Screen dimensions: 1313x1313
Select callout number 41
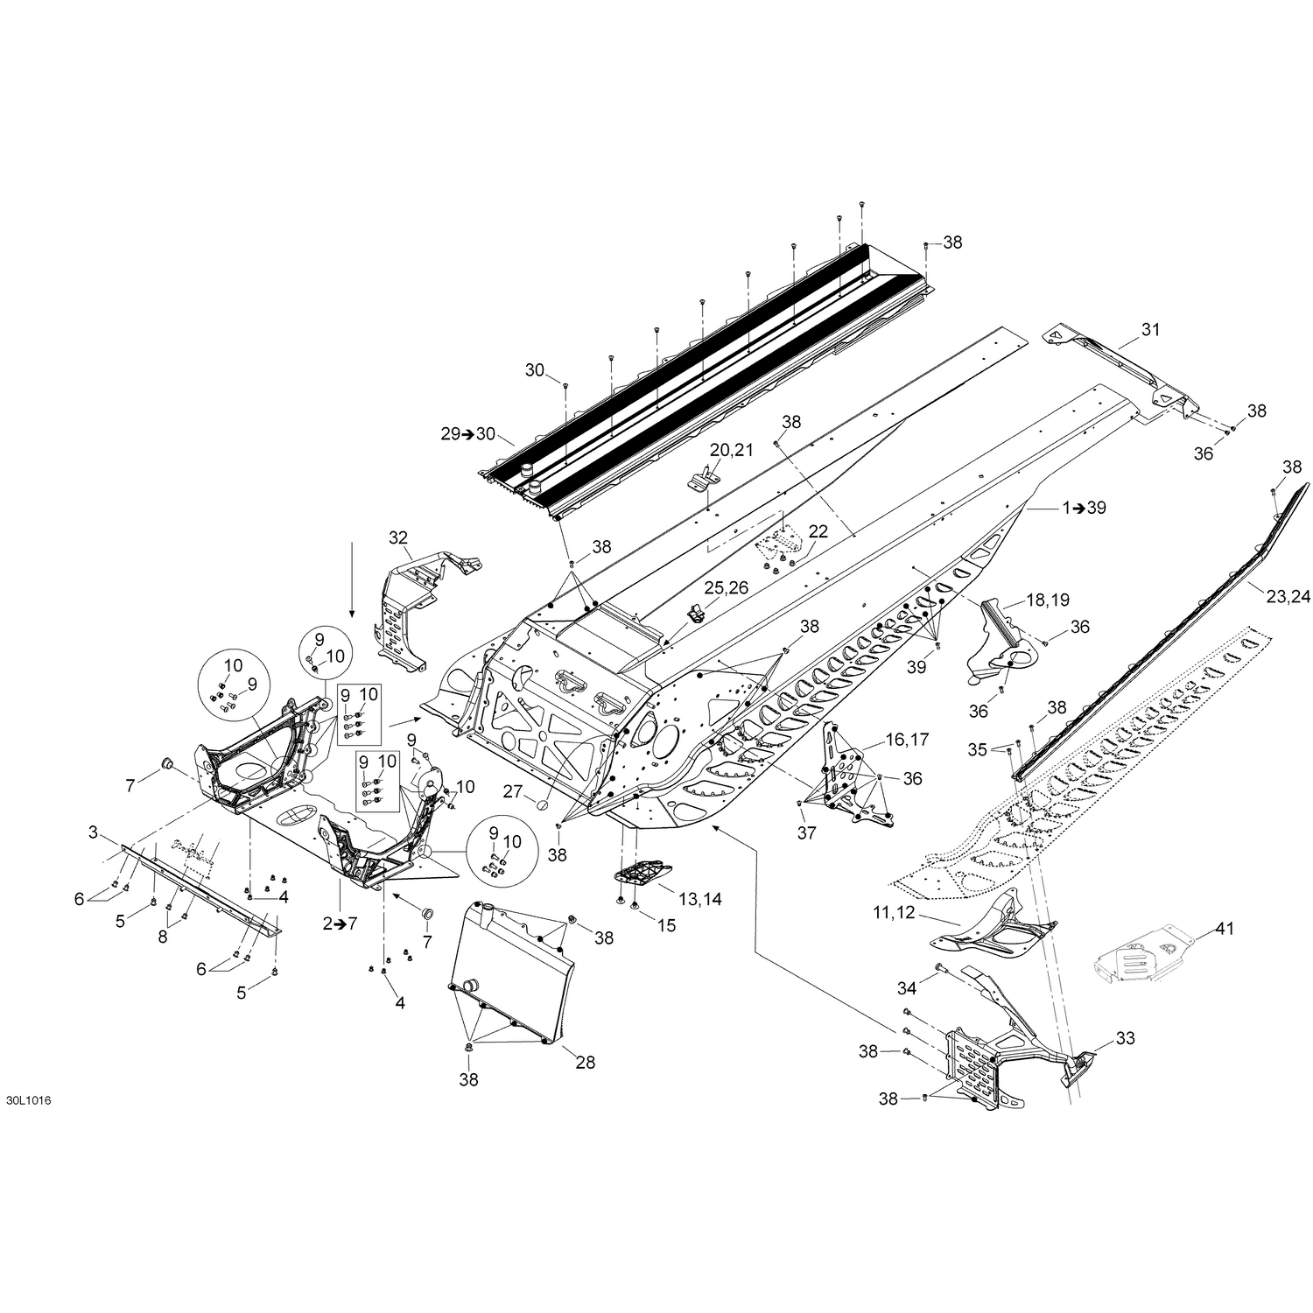point(1224,929)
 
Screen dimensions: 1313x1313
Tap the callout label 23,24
point(1288,597)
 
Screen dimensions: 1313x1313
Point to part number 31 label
point(1149,330)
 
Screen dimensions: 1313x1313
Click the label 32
point(398,537)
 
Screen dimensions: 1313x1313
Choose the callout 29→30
point(467,434)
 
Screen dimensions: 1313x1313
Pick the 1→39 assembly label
point(1084,508)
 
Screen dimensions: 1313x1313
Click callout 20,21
point(731,450)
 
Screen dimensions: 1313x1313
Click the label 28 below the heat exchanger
point(585,1062)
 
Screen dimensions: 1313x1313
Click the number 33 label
point(1125,1039)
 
